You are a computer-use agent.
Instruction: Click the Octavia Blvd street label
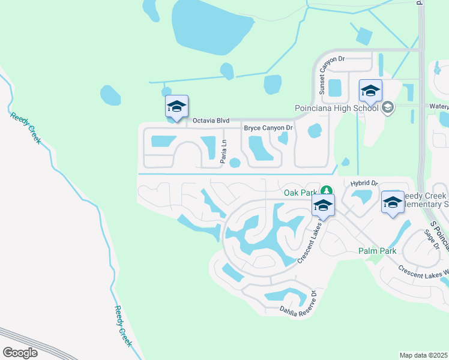pyautogui.click(x=211, y=121)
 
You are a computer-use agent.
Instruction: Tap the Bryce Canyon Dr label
pyautogui.click(x=268, y=128)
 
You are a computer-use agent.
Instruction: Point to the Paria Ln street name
pyautogui.click(x=223, y=151)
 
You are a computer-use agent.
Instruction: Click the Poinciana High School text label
pyautogui.click(x=337, y=108)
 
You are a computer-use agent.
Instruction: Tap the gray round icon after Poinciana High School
pyautogui.click(x=387, y=107)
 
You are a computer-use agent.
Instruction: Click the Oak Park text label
pyautogui.click(x=300, y=193)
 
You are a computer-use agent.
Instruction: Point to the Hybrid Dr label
pyautogui.click(x=362, y=183)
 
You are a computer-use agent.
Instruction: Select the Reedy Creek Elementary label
pyautogui.click(x=425, y=200)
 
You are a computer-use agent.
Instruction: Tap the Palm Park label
pyautogui.click(x=377, y=251)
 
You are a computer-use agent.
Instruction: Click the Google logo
pyautogui.click(x=20, y=353)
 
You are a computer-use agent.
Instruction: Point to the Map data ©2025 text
pyautogui.click(x=424, y=355)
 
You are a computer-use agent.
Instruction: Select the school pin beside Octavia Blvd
pyautogui.click(x=176, y=107)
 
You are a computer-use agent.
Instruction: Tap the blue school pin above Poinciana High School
pyautogui.click(x=370, y=91)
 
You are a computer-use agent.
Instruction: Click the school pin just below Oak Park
pyautogui.click(x=323, y=205)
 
